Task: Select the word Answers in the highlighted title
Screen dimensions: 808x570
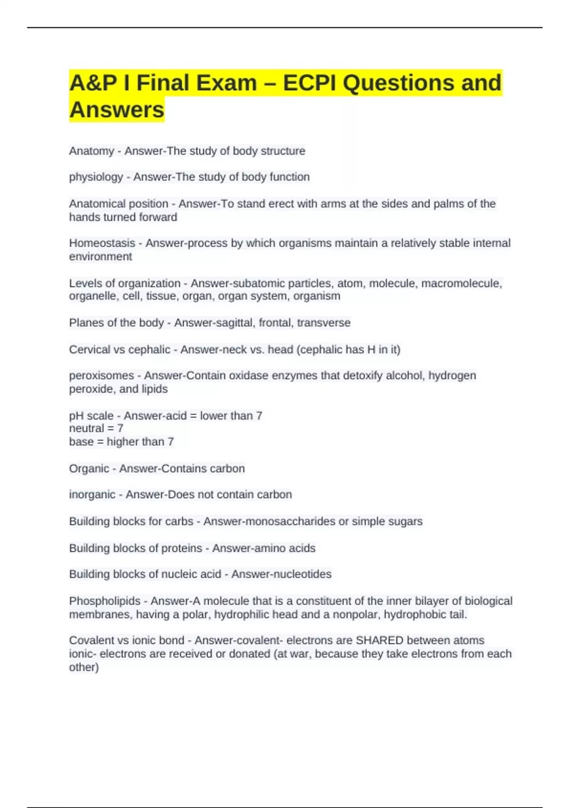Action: point(117,110)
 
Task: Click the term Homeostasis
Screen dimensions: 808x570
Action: point(102,243)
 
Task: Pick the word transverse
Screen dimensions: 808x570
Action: point(323,323)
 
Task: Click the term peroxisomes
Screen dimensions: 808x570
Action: point(102,375)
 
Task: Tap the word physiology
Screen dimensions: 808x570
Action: point(96,177)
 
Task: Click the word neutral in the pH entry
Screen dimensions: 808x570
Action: point(86,428)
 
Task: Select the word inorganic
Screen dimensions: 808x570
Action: point(92,495)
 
